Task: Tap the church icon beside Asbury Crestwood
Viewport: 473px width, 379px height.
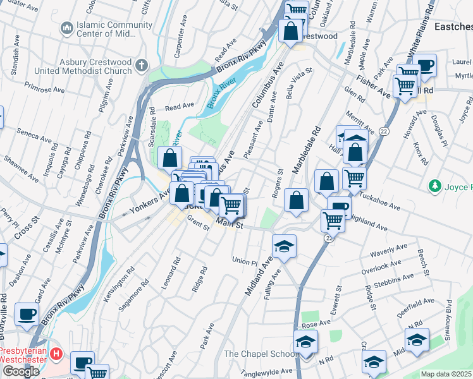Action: [x=142, y=64]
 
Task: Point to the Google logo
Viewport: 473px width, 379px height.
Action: [x=20, y=371]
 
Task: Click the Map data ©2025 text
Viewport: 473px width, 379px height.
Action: [x=446, y=374]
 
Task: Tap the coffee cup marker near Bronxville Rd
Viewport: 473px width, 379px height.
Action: [x=27, y=314]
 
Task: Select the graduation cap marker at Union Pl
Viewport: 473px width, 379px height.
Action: [x=284, y=246]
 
